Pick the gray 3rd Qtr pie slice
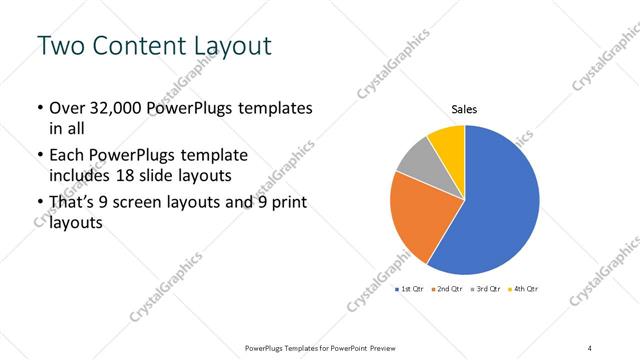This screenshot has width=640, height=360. [415, 158]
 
